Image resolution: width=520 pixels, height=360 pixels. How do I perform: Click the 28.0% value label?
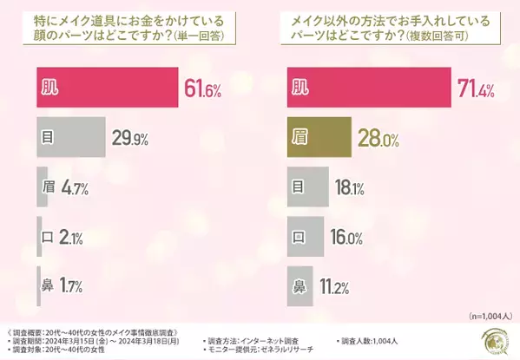(x=380, y=136)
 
